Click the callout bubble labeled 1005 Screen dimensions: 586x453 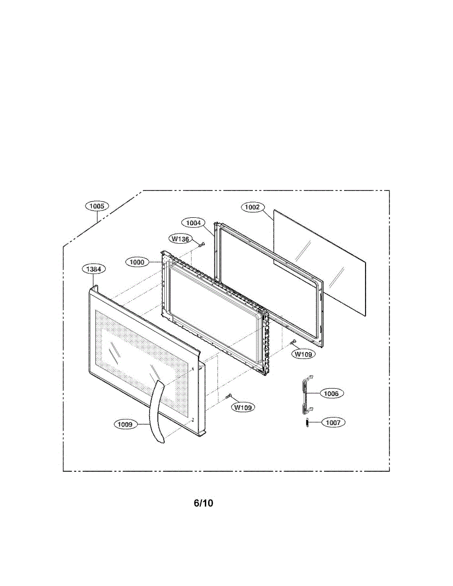pos(97,206)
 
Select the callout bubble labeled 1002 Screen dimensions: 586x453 pos(252,207)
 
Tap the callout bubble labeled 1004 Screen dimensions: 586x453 pos(194,223)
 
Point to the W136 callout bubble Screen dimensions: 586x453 pos(180,239)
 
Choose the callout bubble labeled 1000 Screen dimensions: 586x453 pos(137,262)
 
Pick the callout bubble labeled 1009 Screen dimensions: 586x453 pos(125,424)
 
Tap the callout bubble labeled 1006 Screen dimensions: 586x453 pos(331,393)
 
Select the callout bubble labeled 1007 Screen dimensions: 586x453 pos(333,422)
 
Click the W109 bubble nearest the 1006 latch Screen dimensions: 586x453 pos(303,355)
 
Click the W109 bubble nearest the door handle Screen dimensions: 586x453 pos(243,407)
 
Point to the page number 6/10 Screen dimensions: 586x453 pos(203,503)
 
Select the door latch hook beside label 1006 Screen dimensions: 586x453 pos(306,392)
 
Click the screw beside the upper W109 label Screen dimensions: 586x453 pos(293,342)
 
